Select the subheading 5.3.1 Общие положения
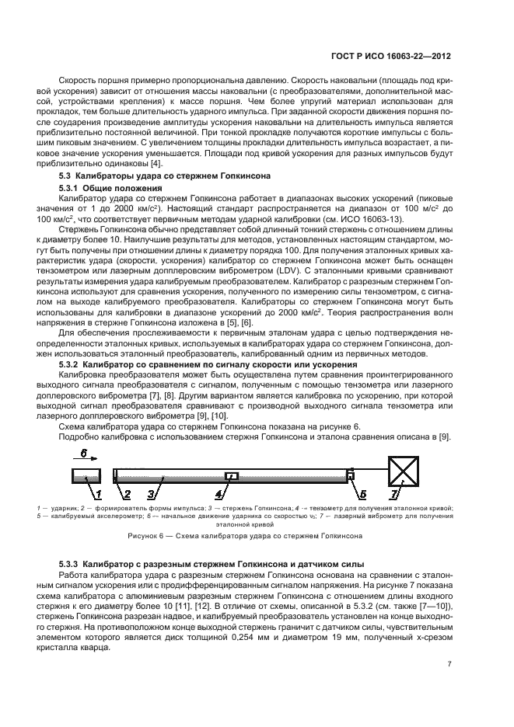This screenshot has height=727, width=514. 111,189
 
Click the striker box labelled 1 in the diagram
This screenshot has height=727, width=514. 85,475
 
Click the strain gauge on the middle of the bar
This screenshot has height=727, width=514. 231,475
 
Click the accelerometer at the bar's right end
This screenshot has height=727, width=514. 351,475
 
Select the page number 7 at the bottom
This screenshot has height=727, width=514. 449,664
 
